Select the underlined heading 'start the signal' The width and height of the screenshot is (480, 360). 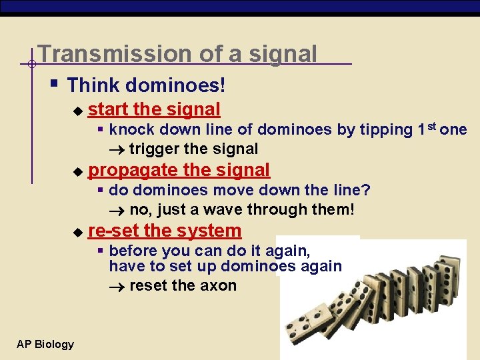pyautogui.click(x=154, y=109)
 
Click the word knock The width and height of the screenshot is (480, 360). pyautogui.click(x=129, y=129)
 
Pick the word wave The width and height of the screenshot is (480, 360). pyautogui.click(x=223, y=210)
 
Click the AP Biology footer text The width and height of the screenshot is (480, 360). pyautogui.click(x=45, y=344)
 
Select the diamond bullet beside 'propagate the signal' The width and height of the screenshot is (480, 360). pyautogui.click(x=78, y=171)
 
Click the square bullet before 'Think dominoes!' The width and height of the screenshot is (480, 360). pyautogui.click(x=55, y=85)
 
